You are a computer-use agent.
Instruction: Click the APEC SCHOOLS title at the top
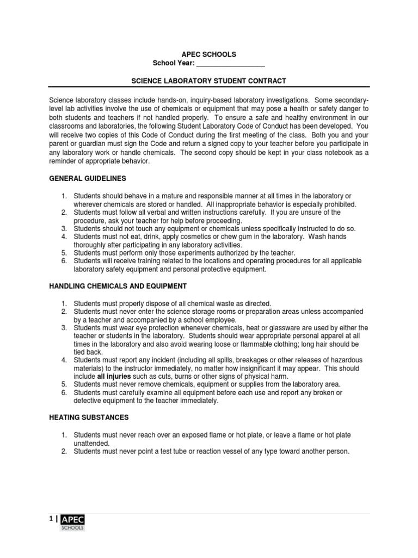coord(208,54)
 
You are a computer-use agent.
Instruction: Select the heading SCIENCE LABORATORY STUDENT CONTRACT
coord(208,81)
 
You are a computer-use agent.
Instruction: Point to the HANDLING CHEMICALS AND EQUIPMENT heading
coord(118,286)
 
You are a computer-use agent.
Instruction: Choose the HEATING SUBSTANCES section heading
coord(89,417)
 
